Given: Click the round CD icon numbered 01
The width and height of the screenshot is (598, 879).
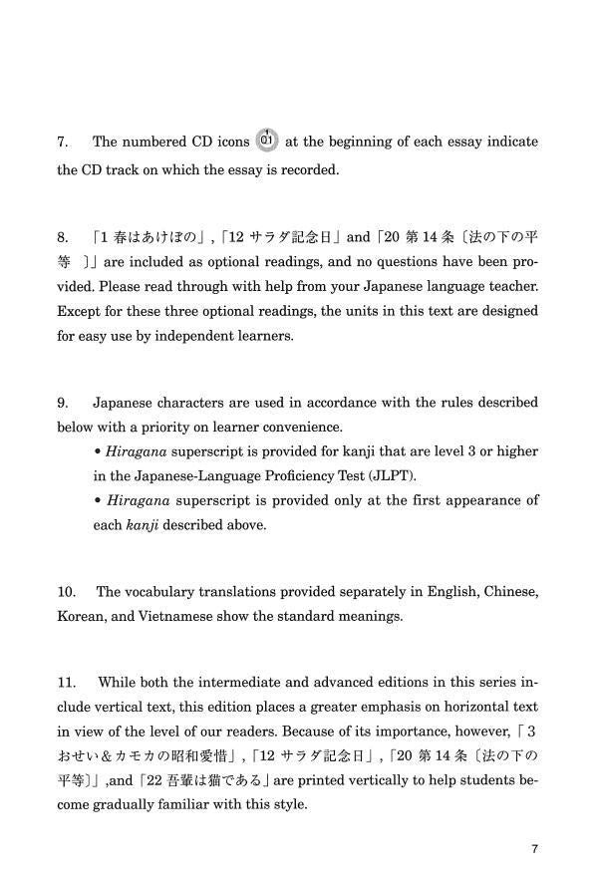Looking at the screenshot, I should click(266, 140).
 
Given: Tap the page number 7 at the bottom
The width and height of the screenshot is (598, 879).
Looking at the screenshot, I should click(535, 849).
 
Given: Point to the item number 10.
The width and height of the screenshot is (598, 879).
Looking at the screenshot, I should click(67, 592).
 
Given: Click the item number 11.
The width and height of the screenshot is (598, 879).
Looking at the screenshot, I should click(67, 683).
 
